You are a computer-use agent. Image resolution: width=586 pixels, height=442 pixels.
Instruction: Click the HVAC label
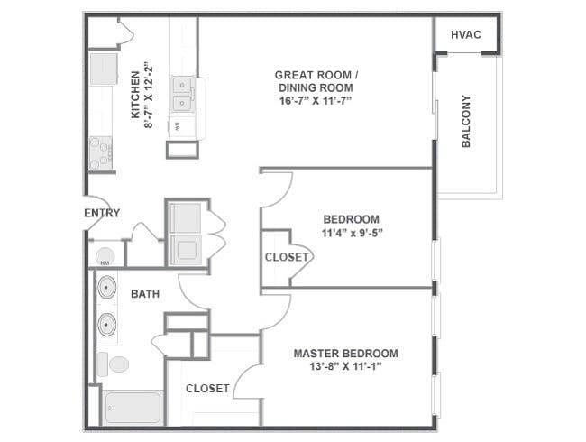pos(465,35)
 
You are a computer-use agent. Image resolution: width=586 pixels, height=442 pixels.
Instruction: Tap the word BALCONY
pos(466,122)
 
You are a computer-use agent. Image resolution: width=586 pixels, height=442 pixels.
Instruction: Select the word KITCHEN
pos(135,95)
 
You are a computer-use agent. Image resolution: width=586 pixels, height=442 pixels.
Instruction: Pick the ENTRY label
pos(102,214)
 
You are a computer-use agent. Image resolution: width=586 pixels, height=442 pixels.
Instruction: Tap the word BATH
pos(145,294)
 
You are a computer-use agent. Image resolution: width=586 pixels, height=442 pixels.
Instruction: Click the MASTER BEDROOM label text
pos(345,354)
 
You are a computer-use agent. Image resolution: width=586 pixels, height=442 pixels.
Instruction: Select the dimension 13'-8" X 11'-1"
pos(345,367)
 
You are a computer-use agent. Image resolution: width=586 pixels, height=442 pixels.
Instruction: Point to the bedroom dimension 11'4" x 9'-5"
pos(351,233)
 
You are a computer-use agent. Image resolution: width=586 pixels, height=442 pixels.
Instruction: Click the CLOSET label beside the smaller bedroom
pos(287,257)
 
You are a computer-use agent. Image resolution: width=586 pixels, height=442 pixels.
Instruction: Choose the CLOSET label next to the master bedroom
pos(207,389)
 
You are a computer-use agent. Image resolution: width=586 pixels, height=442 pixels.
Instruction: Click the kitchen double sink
pos(183,93)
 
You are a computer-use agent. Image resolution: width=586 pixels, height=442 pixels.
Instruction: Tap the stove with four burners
pos(100,152)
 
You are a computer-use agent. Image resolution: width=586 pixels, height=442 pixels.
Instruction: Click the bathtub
pos(132,408)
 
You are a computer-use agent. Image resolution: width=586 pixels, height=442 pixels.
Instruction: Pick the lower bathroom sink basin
pos(107,323)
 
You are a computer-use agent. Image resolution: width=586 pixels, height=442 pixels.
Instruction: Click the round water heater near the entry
pos(105,255)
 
